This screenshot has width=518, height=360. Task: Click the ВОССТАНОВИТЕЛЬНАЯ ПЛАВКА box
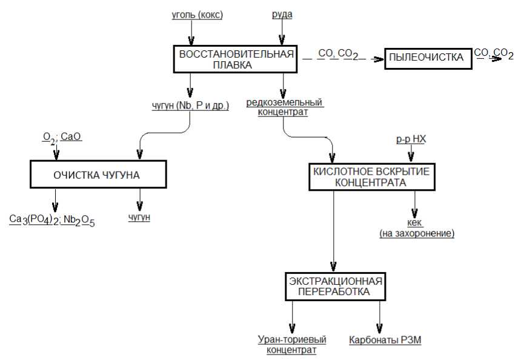[x=236, y=59]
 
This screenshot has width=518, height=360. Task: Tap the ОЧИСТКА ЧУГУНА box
[x=98, y=175]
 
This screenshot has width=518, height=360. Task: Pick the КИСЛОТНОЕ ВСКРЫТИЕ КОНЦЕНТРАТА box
[x=371, y=176]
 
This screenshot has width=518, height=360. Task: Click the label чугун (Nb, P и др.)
[x=190, y=106]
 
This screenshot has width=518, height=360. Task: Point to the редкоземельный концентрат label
[x=284, y=107]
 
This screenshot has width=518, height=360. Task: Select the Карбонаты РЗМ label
[x=385, y=341]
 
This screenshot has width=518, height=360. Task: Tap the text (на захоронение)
[x=416, y=233]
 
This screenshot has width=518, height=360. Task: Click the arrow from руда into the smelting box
[x=282, y=32]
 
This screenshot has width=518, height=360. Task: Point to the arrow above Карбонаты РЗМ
[x=380, y=315]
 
